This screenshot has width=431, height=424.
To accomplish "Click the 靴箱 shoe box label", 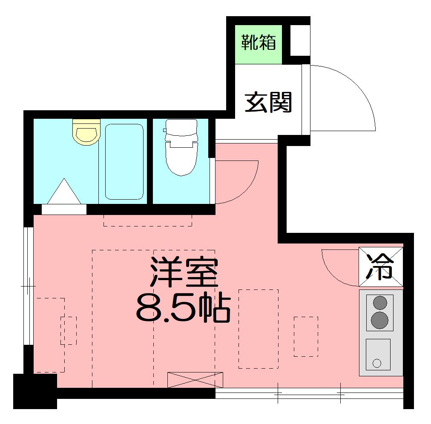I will [259, 43].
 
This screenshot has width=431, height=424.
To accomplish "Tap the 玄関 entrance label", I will [268, 103].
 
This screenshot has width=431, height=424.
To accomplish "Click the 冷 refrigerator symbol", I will [380, 266].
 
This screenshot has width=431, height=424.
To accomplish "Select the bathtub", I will [124, 162].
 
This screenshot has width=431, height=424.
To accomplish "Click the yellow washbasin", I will [86, 132].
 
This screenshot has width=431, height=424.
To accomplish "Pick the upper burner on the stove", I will [380, 303].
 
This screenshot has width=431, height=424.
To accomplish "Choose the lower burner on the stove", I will [379, 320].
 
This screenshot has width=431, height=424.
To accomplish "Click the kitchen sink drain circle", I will [377, 363].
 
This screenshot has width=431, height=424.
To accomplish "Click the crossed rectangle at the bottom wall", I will [195, 380].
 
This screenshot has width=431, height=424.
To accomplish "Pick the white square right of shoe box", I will [300, 40].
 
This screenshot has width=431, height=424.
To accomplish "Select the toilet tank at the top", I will [181, 126].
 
